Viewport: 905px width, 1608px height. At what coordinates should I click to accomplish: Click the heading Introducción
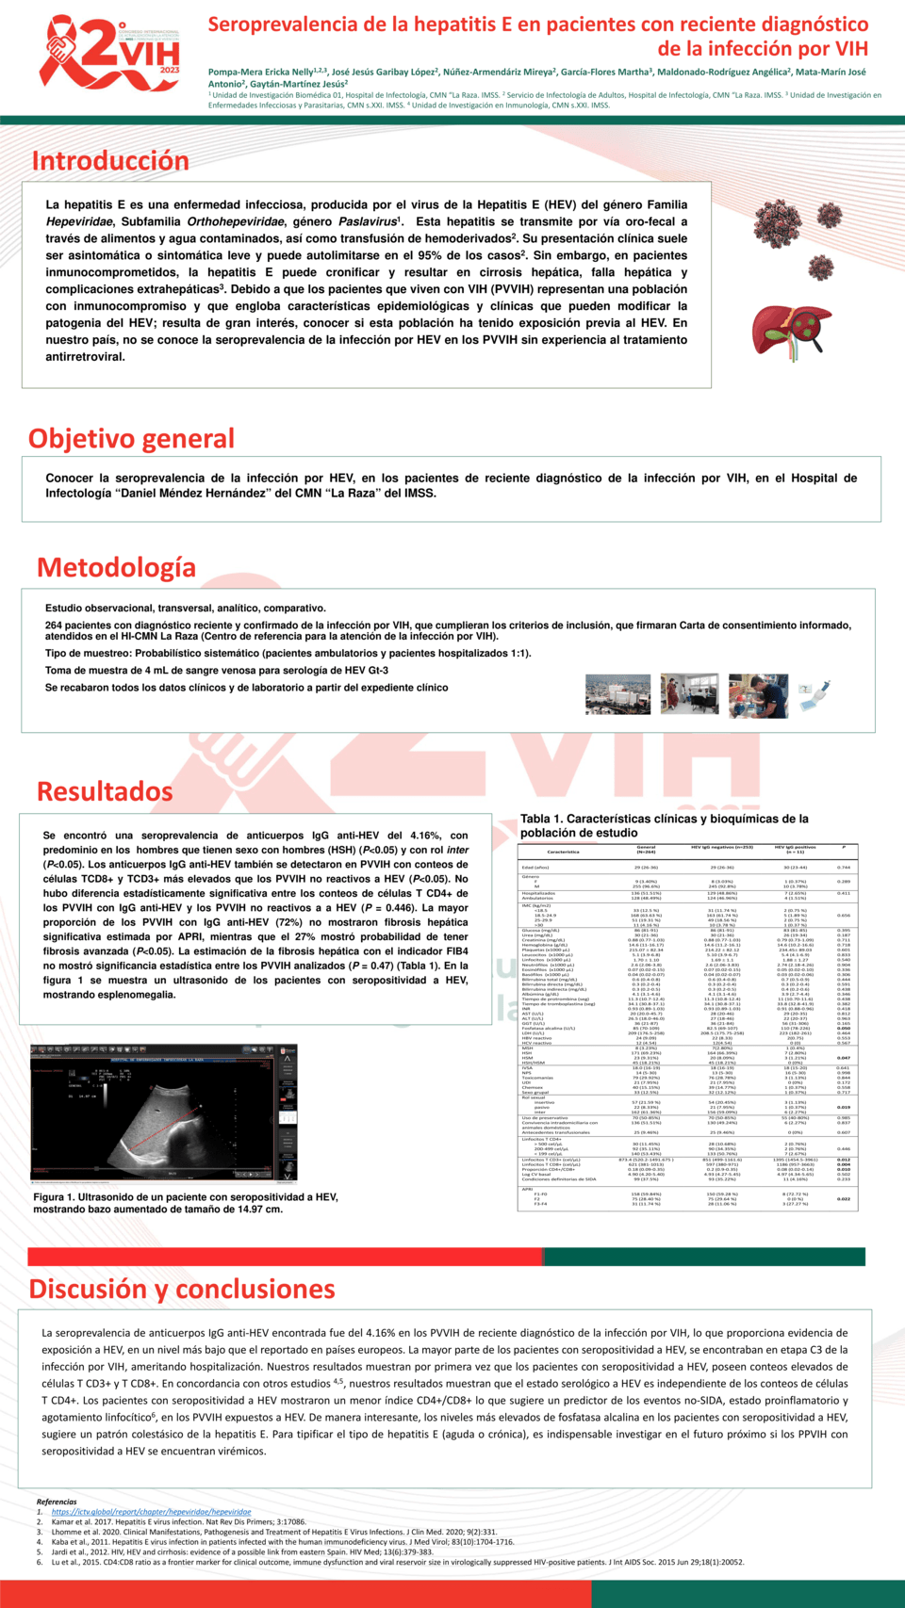110,161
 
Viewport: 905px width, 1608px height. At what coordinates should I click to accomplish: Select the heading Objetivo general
131,439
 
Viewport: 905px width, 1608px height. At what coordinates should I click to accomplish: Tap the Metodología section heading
116,568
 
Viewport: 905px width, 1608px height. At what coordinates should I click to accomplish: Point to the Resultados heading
105,791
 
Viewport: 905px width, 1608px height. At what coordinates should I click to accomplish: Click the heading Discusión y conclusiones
182,1289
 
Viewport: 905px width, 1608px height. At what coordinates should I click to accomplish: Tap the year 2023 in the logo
170,71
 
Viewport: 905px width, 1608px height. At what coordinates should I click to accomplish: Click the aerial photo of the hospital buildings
617,695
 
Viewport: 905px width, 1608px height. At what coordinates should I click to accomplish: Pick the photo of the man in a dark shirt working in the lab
758,695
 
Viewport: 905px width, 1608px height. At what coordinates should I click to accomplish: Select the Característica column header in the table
563,852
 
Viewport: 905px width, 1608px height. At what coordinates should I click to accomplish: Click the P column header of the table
844,848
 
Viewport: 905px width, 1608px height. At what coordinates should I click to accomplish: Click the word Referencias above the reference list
57,1502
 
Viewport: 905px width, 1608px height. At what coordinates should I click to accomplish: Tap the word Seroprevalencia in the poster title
279,24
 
